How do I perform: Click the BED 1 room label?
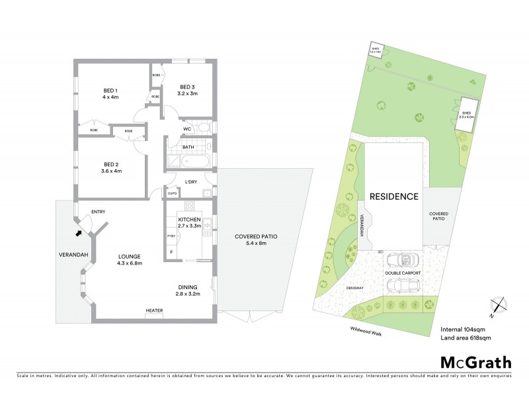pyautogui.click(x=110, y=94)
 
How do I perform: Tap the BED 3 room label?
pyautogui.click(x=188, y=90)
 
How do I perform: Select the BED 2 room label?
pyautogui.click(x=112, y=167)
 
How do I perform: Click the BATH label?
pyautogui.click(x=188, y=147)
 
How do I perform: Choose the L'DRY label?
pyautogui.click(x=192, y=182)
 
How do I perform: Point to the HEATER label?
pyautogui.click(x=155, y=310)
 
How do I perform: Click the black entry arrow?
pyautogui.click(x=79, y=232)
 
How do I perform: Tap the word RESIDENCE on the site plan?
pyautogui.click(x=393, y=197)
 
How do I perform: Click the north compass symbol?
pyautogui.click(x=501, y=306)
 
